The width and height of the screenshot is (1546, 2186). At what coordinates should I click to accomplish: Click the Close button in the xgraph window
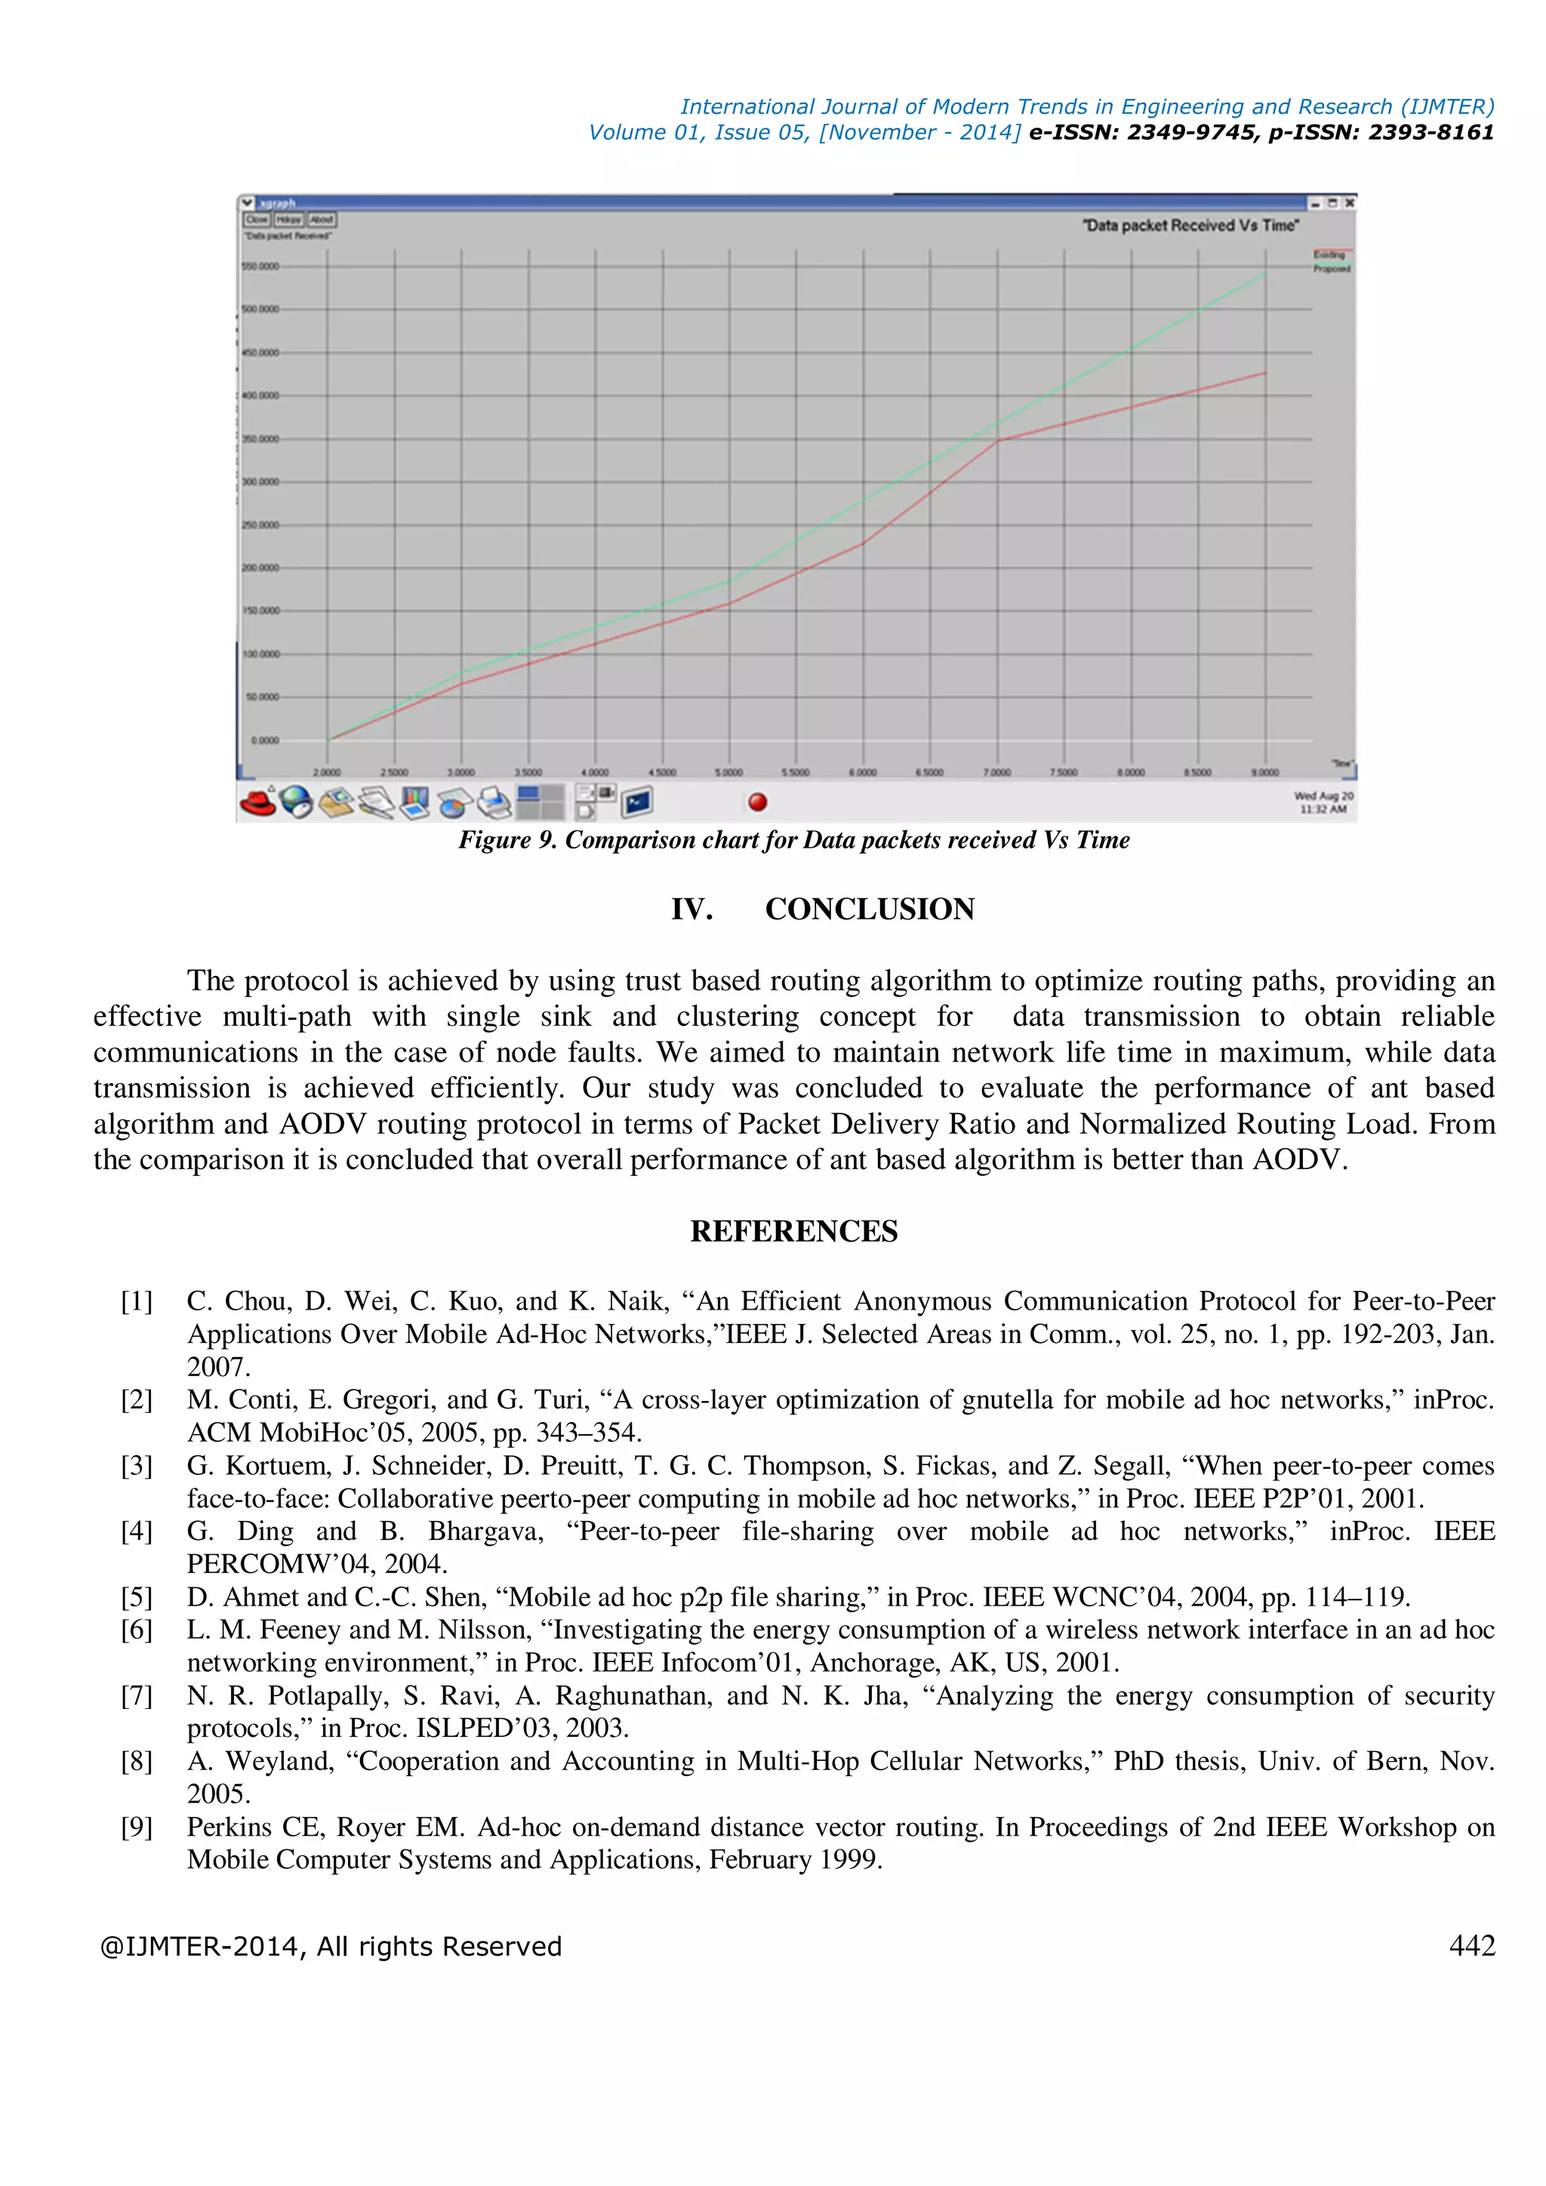257,219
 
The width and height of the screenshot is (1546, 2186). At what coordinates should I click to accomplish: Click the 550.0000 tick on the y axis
261,266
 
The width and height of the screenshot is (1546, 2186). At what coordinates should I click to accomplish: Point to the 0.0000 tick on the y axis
265,740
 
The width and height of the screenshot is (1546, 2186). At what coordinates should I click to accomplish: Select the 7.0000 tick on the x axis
996,772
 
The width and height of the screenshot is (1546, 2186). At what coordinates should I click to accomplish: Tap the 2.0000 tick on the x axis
327,772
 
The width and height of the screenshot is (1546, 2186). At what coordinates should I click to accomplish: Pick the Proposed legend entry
1332,269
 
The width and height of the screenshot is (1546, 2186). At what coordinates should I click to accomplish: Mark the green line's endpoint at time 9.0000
1265,274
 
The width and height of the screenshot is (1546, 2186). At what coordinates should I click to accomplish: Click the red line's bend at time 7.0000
998,441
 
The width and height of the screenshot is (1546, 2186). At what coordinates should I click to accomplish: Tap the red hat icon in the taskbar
257,802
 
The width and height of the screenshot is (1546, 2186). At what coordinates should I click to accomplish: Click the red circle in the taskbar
758,802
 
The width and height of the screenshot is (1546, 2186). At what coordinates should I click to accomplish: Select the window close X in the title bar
1349,203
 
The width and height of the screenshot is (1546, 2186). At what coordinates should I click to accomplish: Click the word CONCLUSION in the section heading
869,910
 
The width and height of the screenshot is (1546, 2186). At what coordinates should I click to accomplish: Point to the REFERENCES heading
794,1231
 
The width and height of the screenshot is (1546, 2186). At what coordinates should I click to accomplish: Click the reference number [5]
136,1596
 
